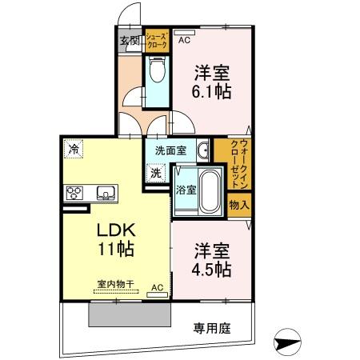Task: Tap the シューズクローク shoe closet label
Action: coord(157,41)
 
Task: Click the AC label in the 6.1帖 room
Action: coord(184,40)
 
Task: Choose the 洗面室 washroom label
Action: coord(170,149)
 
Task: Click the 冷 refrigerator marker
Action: coord(74,148)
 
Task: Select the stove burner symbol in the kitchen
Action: coord(74,193)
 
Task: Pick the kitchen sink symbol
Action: coord(106,193)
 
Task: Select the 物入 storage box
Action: coord(238,205)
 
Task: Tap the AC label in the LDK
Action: coord(157,287)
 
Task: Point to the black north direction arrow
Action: coord(289,342)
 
